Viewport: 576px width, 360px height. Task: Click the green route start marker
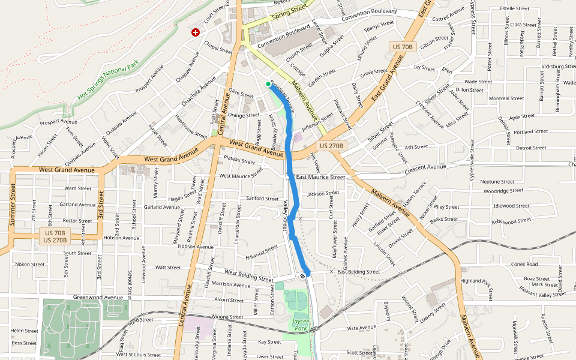coord(268,85)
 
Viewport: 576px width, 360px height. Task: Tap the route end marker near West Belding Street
coord(302,275)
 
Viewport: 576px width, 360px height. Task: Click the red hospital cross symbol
coord(195,32)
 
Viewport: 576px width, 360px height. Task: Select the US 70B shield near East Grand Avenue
coord(402,47)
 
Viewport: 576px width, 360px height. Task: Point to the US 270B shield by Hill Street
coord(331,146)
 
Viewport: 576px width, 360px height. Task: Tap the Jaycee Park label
coord(300,325)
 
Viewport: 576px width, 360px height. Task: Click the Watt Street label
coord(168,268)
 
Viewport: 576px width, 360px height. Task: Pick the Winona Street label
coord(226,317)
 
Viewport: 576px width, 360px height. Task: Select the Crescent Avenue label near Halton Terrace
coord(425,167)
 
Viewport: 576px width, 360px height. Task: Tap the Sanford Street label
coord(262,199)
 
